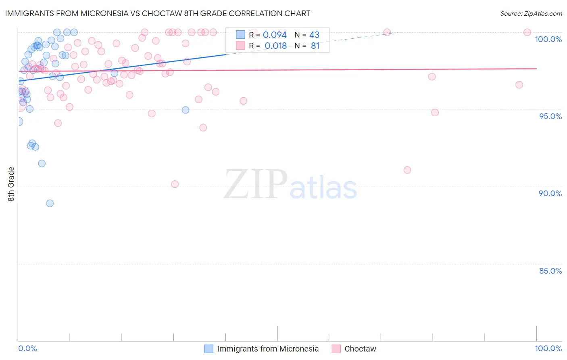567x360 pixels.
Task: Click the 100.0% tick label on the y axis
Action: [x=548, y=39]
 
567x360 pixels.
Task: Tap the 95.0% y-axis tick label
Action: [x=550, y=116]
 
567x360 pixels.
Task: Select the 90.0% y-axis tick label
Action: [x=550, y=193]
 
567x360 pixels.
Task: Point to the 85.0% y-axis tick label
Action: [x=550, y=271]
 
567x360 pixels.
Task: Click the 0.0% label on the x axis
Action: [x=27, y=348]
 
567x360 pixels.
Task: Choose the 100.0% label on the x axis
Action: [x=548, y=348]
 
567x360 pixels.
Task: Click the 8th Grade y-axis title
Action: [x=11, y=184]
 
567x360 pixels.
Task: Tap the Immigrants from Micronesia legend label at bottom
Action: [x=268, y=349]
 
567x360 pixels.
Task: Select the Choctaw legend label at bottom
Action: [x=360, y=349]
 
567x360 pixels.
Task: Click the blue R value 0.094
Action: [x=275, y=35]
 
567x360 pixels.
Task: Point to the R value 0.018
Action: [x=275, y=46]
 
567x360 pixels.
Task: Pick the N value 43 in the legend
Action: [x=314, y=35]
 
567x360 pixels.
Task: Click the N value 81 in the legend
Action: [x=315, y=46]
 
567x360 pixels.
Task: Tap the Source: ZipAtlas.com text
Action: [x=531, y=14]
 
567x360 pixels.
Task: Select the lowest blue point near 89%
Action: [x=50, y=203]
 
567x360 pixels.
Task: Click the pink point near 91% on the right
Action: [x=407, y=170]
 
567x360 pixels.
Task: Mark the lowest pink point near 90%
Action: [x=175, y=184]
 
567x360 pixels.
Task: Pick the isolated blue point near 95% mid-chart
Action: [x=186, y=110]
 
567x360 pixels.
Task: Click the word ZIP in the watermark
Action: [x=256, y=185]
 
